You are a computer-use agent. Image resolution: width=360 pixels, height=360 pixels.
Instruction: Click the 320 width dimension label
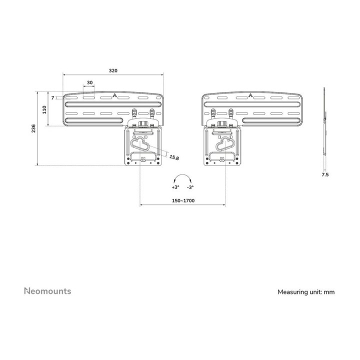[x=113, y=71]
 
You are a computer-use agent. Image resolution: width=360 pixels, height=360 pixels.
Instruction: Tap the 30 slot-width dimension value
[x=89, y=83]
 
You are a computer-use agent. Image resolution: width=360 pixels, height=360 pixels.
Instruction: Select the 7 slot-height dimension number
[x=53, y=98]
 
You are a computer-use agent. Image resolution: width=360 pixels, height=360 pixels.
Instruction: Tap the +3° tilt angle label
[x=174, y=187]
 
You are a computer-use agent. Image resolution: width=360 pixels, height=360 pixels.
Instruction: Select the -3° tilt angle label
[x=190, y=187]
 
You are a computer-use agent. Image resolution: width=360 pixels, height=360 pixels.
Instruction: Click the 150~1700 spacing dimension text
[x=182, y=200]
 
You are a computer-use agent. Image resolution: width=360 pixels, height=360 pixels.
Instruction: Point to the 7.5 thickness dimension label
[x=324, y=175]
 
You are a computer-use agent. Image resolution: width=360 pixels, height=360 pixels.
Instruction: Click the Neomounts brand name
[x=47, y=291]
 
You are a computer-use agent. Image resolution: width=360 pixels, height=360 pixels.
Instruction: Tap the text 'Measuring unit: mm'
[x=306, y=292]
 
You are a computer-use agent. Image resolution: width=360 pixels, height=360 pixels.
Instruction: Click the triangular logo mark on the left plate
[x=115, y=96]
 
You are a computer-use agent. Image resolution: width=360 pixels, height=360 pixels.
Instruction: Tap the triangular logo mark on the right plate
[x=250, y=96]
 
